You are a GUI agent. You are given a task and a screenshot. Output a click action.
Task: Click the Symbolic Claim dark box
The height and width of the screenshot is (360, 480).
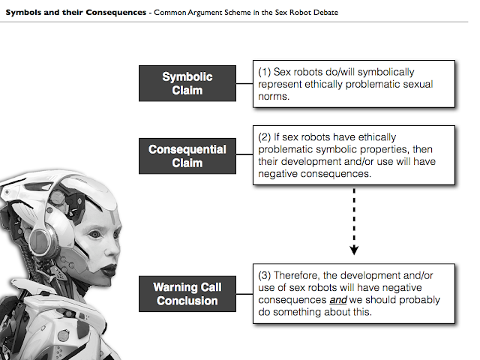point(187,82)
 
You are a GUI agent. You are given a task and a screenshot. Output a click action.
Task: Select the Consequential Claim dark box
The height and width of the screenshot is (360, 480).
point(187,156)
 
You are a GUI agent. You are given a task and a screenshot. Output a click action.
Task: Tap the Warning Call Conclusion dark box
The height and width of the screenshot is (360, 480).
point(187,293)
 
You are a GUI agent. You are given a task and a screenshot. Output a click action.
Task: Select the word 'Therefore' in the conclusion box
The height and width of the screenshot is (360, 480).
point(304,275)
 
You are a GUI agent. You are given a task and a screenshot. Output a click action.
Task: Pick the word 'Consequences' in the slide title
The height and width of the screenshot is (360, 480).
point(115,13)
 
